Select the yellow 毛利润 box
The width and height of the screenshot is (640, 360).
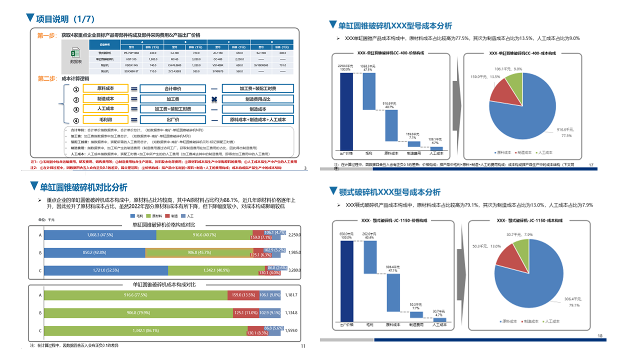click(x=105, y=119)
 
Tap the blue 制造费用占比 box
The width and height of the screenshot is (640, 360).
click(x=257, y=99)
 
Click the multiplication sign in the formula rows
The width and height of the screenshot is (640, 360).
click(x=214, y=99)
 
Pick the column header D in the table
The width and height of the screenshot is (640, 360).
click(x=271, y=42)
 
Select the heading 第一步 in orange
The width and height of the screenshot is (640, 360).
click(x=47, y=35)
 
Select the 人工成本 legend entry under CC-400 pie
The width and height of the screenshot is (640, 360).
click(x=546, y=152)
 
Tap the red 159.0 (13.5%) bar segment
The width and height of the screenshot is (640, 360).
click(x=243, y=295)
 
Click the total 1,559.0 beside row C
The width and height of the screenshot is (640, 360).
click(x=290, y=331)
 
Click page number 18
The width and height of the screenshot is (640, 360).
click(x=600, y=335)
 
